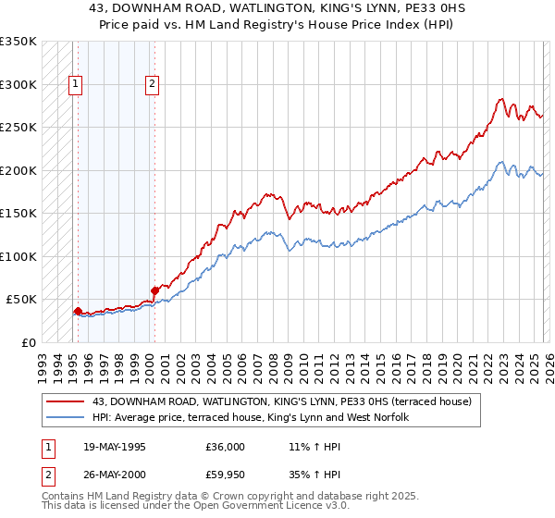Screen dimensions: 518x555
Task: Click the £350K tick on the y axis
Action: pos(18,42)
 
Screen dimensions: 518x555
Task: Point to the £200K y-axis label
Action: pos(18,170)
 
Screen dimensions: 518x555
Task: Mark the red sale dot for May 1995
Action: pos(78,312)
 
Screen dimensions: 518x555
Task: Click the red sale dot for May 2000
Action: pos(154,290)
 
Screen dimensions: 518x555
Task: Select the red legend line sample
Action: pos(66,401)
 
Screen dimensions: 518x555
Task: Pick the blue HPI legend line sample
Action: pos(66,417)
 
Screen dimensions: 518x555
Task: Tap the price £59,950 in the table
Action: pos(226,476)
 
